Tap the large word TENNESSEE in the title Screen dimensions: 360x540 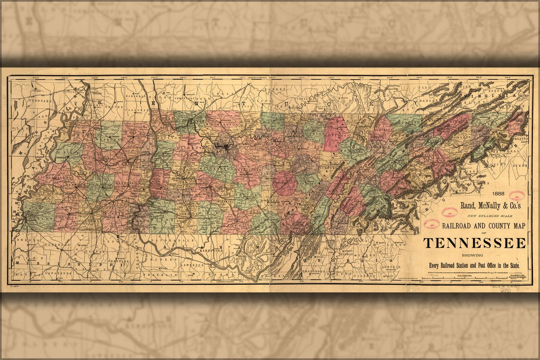(x=474, y=243)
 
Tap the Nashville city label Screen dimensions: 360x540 (x=220, y=147)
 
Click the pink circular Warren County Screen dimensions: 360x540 (x=285, y=183)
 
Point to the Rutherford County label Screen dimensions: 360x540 (x=249, y=169)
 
